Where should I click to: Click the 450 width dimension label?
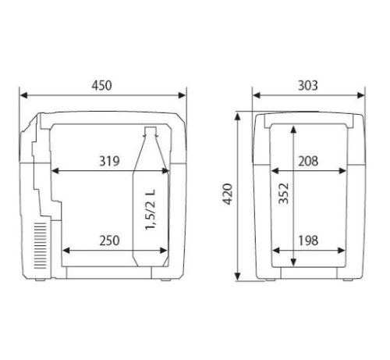coord(101,86)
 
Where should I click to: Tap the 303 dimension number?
coord(308,86)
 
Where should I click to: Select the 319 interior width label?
coord(109,161)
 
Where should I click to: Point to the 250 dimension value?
coord(109,241)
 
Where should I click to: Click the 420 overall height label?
coord(228,194)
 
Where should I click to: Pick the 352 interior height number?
coord(284,194)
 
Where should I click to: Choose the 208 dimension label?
coord(308,161)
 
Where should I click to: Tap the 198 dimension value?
coord(308,241)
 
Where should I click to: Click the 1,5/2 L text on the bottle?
coord(151,209)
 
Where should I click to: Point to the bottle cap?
coord(151,131)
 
